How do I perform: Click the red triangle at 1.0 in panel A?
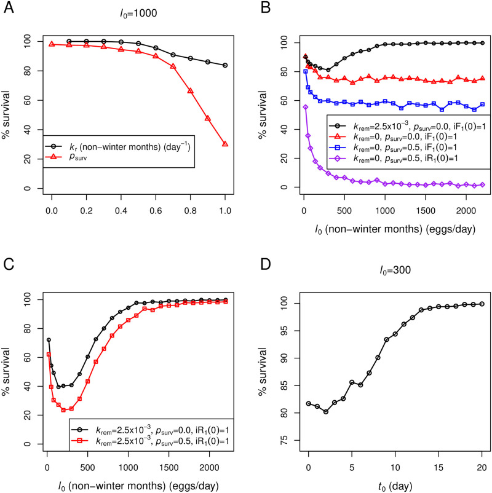pos(225,144)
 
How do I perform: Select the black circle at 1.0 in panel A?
pos(225,65)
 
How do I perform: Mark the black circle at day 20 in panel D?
pos(482,304)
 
